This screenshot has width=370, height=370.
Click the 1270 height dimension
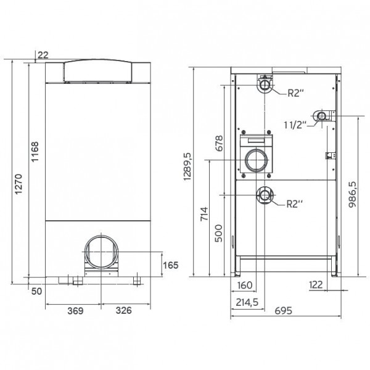(18, 184)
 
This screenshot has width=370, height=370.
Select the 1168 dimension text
(35, 152)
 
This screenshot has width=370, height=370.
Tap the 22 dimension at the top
(43, 55)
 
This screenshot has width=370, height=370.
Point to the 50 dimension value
(36, 291)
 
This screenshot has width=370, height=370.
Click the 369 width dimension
(75, 311)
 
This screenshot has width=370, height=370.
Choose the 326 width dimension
(124, 310)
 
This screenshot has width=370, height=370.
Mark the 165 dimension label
(171, 265)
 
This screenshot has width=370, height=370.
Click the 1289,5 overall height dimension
(188, 166)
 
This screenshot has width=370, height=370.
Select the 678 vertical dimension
(219, 143)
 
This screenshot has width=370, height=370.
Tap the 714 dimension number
(204, 214)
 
